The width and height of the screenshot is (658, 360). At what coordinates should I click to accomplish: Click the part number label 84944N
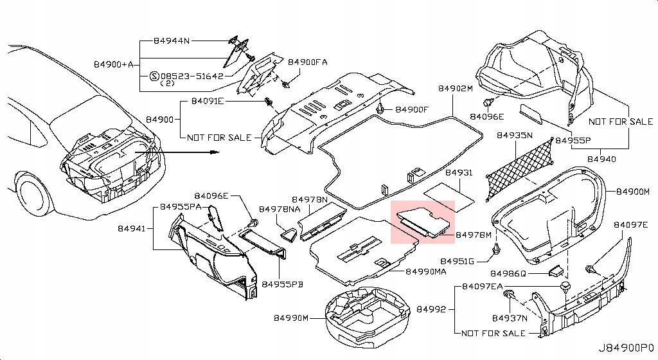click(172, 40)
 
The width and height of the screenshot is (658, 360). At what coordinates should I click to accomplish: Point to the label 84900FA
click(308, 62)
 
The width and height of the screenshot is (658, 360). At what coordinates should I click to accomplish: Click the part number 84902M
click(456, 88)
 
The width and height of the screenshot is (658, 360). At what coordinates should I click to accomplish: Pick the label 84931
click(458, 174)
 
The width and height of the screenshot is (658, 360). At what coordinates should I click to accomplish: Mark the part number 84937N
click(510, 318)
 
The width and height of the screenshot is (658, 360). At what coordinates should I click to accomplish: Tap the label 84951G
click(458, 261)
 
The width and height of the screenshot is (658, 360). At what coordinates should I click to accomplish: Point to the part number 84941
click(132, 228)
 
